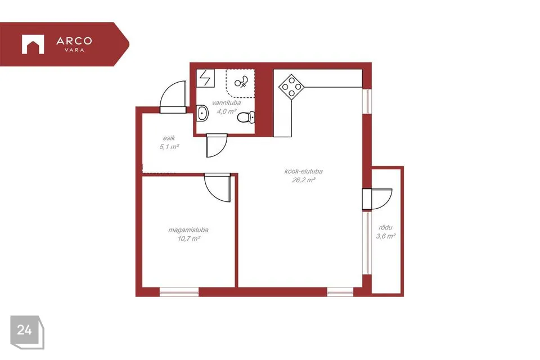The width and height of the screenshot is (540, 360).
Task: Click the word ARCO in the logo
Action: click(x=74, y=41)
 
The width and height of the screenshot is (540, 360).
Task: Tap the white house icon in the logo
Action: click(x=33, y=44)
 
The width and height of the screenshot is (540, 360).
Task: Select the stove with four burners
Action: click(x=291, y=87)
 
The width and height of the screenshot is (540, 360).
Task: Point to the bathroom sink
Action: click(x=202, y=113)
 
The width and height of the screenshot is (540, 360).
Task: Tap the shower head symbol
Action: click(x=241, y=82)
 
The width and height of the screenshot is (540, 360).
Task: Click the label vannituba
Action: click(x=226, y=103)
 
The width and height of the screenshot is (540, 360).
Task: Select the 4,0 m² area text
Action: click(x=226, y=111)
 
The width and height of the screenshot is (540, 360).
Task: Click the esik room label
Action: click(x=169, y=138)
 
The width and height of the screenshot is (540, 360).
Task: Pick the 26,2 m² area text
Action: click(x=304, y=180)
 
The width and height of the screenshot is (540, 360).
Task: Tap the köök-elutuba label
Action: click(x=303, y=171)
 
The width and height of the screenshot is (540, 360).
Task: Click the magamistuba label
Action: click(x=188, y=229)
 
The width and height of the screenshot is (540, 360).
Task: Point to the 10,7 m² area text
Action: click(x=189, y=238)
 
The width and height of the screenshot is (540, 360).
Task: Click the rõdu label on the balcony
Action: click(x=386, y=227)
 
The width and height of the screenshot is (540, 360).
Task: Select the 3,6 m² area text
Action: click(x=386, y=236)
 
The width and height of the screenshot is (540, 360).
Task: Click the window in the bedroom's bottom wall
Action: click(x=179, y=292)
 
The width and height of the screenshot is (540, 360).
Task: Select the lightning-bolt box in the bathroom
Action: click(x=205, y=78)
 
